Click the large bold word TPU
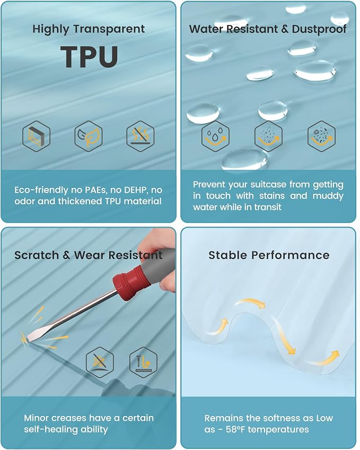pos(89,57)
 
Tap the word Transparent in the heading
pos(109,29)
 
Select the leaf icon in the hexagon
pos(89,136)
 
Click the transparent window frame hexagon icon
pos(37,136)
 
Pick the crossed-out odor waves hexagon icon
pos(141,136)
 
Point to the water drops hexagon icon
pos(216,136)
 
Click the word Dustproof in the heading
pos(319,29)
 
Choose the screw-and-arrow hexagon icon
pos(143,362)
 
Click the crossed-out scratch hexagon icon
pos(100,362)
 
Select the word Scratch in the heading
pos(37,255)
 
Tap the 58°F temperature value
pos(237,430)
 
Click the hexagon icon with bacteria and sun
pos(322,136)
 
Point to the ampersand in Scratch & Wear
pos(66,255)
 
